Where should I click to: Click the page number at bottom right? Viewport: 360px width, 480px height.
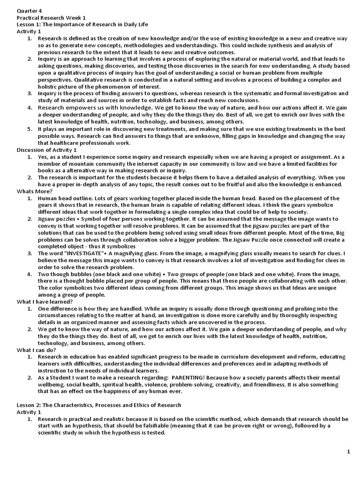click(348, 451)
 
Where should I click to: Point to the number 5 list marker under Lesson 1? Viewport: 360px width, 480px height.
click(29, 128)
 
